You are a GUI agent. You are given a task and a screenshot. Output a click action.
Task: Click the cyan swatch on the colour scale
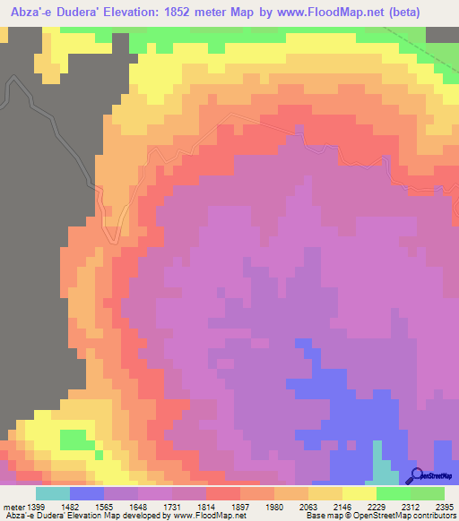click(x=53, y=493)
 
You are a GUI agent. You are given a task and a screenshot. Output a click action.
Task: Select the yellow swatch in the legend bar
click(x=359, y=493)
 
